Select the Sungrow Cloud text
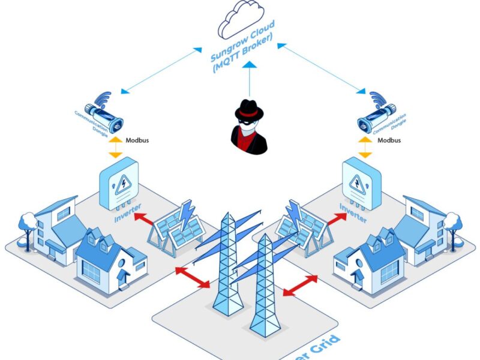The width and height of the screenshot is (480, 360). coord(242,48)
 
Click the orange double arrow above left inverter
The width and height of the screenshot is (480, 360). coord(114,146)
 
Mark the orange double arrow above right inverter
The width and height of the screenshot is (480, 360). coord(365,146)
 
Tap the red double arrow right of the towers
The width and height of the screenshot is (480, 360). coord(300,286)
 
